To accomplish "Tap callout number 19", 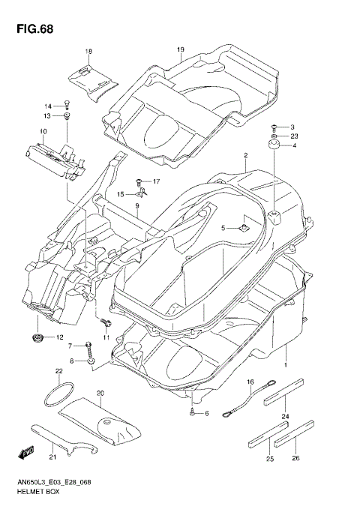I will click(180, 50).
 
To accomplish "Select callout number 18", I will click(88, 51).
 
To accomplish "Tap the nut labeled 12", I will click(37, 339).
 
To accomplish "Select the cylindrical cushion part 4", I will click(274, 145).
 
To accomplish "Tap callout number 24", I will click(284, 417).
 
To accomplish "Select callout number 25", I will click(270, 459).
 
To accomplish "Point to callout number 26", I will click(296, 459).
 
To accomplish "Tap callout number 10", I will click(43, 131).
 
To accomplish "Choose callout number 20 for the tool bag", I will click(100, 392).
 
